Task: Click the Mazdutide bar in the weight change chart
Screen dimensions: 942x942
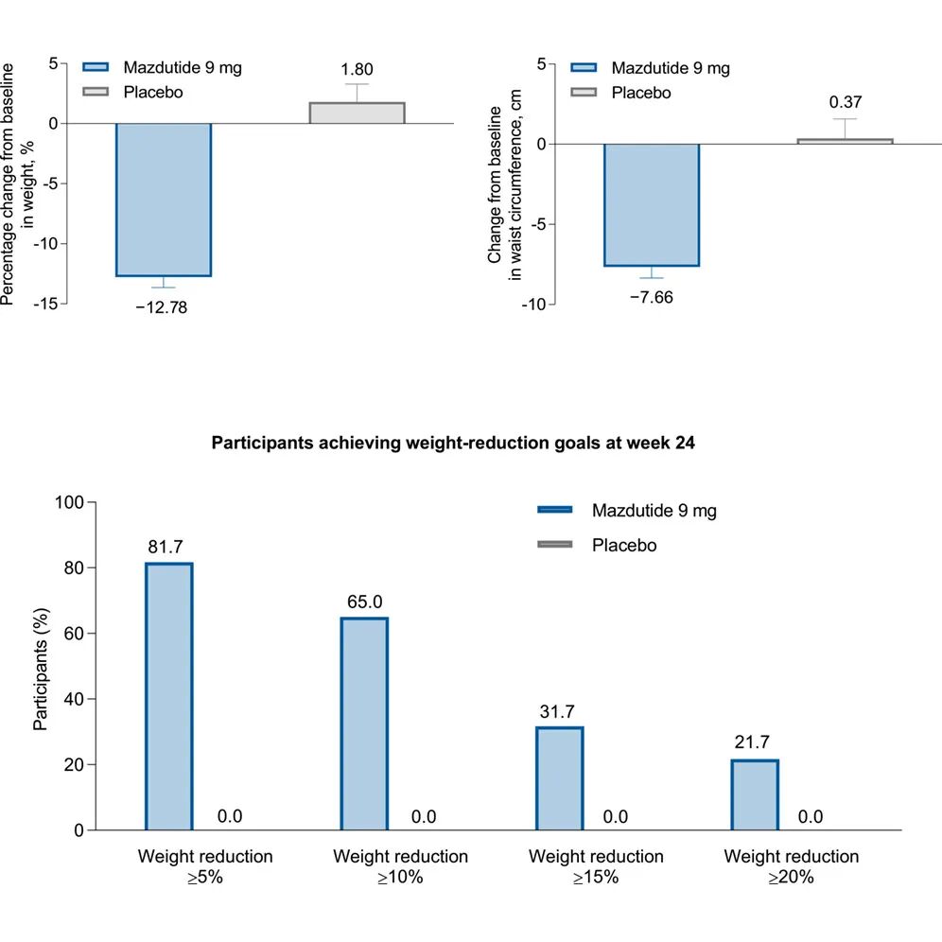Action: click(163, 200)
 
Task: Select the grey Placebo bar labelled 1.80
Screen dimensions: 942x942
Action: click(358, 113)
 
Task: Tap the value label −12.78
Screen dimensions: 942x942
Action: click(163, 306)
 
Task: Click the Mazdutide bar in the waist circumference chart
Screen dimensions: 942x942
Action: click(652, 205)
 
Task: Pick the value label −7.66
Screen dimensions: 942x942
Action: click(651, 296)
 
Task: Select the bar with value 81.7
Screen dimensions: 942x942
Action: click(169, 697)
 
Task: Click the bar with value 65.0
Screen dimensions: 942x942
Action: click(364, 724)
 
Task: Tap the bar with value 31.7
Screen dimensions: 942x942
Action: click(560, 778)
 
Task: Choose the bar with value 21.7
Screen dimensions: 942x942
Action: click(755, 794)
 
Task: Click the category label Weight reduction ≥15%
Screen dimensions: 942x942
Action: click(596, 866)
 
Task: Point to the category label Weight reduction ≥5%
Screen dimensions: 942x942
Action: click(205, 866)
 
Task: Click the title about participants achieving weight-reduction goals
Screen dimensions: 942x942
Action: click(453, 443)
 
